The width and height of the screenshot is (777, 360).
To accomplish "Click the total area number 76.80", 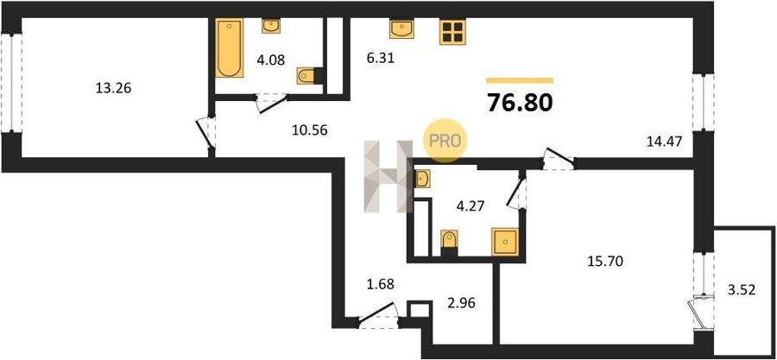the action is tap(520, 103).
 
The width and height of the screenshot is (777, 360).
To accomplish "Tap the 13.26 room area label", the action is tap(113, 89).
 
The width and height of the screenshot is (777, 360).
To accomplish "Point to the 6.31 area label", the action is tap(381, 61).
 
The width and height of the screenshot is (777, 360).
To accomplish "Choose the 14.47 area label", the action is tap(665, 142).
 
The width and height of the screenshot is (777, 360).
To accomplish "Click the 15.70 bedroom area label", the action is tap(602, 260).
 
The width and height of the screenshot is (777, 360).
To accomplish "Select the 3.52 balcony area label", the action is tap(742, 290).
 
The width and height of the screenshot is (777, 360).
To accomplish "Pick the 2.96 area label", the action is tap(461, 302).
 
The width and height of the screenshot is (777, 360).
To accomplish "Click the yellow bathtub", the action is tap(230, 48).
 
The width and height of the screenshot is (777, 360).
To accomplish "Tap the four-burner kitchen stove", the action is tap(453, 32).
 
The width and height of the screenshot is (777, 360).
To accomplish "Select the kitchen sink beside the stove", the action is tap(402, 29).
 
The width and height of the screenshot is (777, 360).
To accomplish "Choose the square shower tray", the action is tap(505, 242).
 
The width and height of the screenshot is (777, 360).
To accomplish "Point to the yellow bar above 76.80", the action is tap(520, 80).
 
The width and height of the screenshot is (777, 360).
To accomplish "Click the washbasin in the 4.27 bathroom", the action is tap(421, 179).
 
